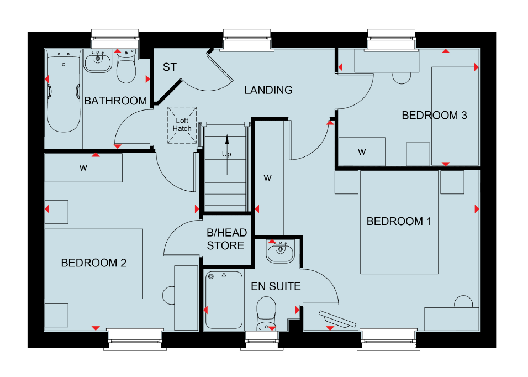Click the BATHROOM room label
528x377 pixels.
pyautogui.click(x=115, y=101)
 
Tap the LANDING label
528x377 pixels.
pyautogui.click(x=268, y=90)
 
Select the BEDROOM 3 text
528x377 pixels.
pyautogui.click(x=435, y=116)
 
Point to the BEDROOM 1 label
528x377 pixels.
pyautogui.click(x=399, y=221)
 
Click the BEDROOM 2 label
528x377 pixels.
pyautogui.click(x=93, y=263)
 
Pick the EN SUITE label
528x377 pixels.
pyautogui.click(x=276, y=286)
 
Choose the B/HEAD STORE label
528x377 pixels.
pyautogui.click(x=226, y=239)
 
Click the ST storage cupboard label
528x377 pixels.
pyautogui.click(x=170, y=67)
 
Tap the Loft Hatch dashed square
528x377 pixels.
pyautogui.click(x=182, y=125)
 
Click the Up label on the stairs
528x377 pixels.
pyautogui.click(x=226, y=154)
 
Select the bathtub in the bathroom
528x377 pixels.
pyautogui.click(x=64, y=91)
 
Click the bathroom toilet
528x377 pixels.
pyautogui.click(x=126, y=66)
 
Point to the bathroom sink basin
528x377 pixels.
pyautogui.click(x=98, y=61)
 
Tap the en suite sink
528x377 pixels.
pyautogui.click(x=280, y=250)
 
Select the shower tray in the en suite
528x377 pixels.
pyautogui.click(x=224, y=300)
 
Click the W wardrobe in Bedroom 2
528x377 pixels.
pyautogui.click(x=83, y=168)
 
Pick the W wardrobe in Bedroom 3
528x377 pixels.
pyautogui.click(x=362, y=151)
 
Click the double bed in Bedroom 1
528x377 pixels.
pyautogui.click(x=399, y=222)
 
